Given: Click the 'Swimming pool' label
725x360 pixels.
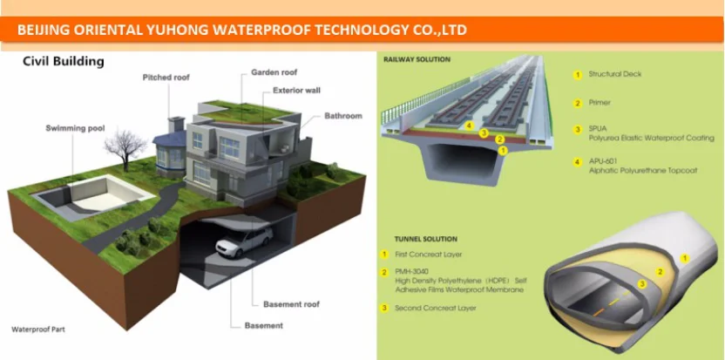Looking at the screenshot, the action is coord(75,129).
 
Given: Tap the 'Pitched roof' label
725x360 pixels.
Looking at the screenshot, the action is coord(166,78).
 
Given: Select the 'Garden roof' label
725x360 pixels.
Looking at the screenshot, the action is coord(274,72).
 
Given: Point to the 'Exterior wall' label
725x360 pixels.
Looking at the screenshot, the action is coord(296,90).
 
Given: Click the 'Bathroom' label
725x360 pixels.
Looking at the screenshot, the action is coord(343,116).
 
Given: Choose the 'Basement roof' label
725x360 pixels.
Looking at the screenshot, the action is coord(291,304).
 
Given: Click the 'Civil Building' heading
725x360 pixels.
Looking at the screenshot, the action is coord(63,62).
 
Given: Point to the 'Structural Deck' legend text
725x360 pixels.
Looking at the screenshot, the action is coord(615,74).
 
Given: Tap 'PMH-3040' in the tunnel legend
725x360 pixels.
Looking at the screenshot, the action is coord(411,271).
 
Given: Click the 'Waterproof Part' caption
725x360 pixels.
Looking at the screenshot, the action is coord(38,330).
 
